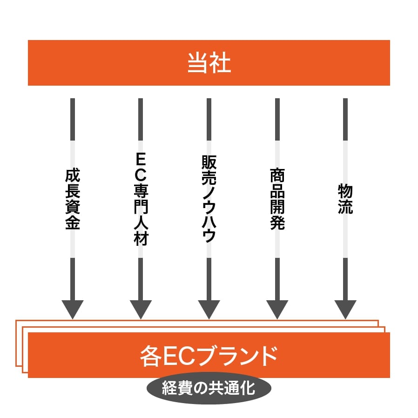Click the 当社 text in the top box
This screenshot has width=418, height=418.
pyautogui.click(x=209, y=63)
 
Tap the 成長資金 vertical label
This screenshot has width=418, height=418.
pyautogui.click(x=73, y=199)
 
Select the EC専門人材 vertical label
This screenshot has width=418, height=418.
pyautogui.click(x=141, y=199)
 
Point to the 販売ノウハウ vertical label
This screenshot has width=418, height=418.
pyautogui.click(x=209, y=199)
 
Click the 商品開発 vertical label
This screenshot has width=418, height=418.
pyautogui.click(x=277, y=199)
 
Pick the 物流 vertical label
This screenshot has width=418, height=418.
pyautogui.click(x=345, y=199)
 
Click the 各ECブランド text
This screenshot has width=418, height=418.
pyautogui.click(x=209, y=356)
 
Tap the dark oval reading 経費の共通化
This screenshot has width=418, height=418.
pyautogui.click(x=209, y=388)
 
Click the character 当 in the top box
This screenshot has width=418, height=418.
pyautogui.click(x=198, y=63)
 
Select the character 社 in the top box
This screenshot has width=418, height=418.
pyautogui.click(x=221, y=63)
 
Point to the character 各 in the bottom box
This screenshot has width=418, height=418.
pyautogui.click(x=151, y=356)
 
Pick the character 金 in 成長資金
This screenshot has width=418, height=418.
pyautogui.click(x=73, y=222)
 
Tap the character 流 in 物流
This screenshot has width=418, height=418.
pyautogui.click(x=345, y=207)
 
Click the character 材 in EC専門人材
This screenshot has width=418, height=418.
pyautogui.click(x=141, y=238)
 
